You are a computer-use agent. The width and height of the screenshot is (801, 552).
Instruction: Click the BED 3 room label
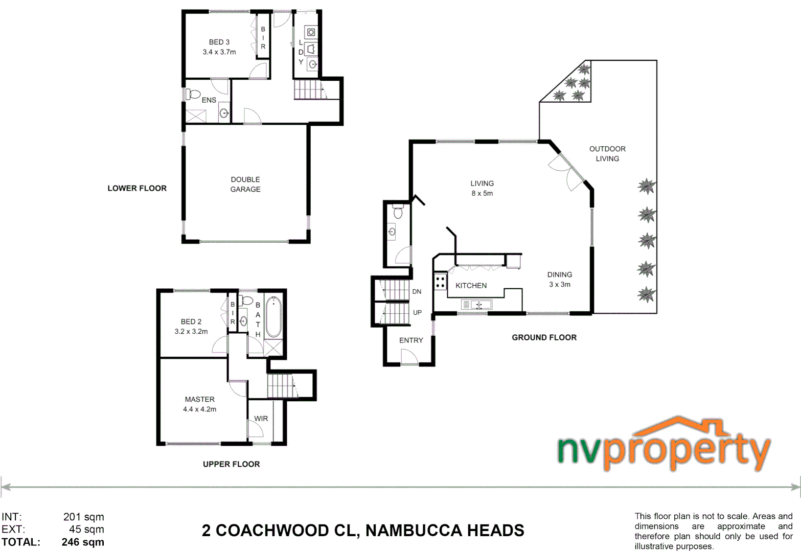(219, 42)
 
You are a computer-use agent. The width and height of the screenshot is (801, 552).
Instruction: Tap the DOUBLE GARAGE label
(245, 185)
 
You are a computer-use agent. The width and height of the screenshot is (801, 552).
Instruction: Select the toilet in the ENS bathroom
(194, 94)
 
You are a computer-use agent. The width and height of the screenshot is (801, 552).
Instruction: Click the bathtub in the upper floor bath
(273, 317)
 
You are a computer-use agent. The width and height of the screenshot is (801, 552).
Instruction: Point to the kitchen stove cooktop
(440, 282)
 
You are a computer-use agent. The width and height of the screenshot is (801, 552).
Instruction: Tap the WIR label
(261, 419)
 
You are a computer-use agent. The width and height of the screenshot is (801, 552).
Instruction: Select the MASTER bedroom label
(200, 399)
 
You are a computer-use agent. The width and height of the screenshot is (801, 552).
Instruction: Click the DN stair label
(417, 291)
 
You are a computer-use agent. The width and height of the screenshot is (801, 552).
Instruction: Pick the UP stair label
(417, 312)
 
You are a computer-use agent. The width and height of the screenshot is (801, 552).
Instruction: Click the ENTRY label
(411, 340)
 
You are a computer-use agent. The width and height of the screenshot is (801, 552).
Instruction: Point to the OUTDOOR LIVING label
(607, 154)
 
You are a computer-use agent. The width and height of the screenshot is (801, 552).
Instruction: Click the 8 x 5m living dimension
(482, 193)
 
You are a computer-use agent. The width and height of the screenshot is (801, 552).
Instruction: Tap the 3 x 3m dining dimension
(560, 285)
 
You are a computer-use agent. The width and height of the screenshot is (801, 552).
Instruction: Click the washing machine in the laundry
(310, 32)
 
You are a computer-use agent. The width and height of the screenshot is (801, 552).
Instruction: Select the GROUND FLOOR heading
(544, 337)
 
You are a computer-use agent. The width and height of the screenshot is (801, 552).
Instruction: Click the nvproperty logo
(664, 445)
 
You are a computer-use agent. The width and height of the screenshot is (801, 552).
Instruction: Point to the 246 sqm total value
(83, 542)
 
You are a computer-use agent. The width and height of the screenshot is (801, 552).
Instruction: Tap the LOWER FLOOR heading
(137, 188)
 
